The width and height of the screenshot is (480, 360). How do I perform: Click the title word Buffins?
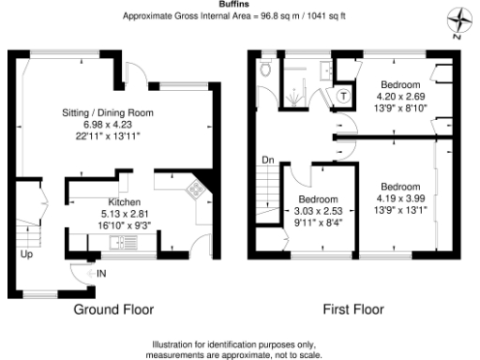[240, 5]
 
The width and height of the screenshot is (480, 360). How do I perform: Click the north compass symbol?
[459, 22]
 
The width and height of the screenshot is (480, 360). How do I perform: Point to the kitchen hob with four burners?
[196, 190]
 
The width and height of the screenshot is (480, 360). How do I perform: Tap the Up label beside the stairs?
[27, 254]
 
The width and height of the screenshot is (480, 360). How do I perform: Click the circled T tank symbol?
[344, 95]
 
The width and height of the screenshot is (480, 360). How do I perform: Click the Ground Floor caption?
[113, 308]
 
